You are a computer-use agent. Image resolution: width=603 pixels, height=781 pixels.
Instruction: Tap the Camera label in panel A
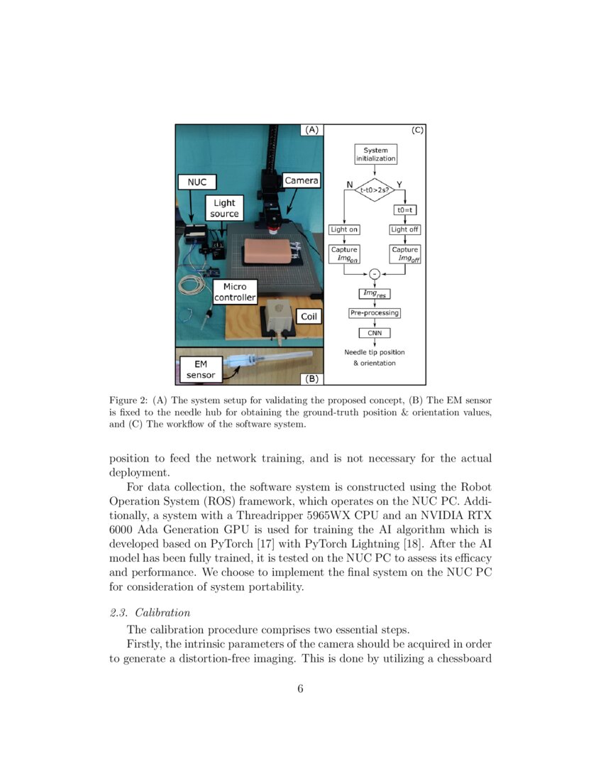point(301,180)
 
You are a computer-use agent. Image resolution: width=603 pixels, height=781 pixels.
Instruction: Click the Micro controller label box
point(234,292)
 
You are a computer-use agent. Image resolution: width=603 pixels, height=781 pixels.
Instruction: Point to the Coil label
point(309,317)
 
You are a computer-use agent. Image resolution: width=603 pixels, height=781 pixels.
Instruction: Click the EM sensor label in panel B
point(200,369)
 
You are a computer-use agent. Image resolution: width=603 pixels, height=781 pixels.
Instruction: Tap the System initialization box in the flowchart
point(375,155)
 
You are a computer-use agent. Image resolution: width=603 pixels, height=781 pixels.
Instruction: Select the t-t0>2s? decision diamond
point(375,190)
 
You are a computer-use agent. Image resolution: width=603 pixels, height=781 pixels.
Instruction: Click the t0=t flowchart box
point(404,210)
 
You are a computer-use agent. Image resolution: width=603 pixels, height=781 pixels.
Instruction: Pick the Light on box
point(345,229)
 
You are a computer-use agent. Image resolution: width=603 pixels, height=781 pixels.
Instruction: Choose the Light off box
point(404,229)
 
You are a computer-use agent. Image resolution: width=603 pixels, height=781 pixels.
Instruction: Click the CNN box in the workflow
point(375,332)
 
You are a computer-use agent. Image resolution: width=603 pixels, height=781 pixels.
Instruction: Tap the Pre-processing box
point(375,312)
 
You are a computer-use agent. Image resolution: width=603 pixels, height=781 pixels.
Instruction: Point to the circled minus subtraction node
point(375,275)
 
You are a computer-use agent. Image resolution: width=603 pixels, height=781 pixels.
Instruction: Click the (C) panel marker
point(417,131)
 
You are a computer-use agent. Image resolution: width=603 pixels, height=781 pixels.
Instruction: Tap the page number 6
point(301,688)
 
